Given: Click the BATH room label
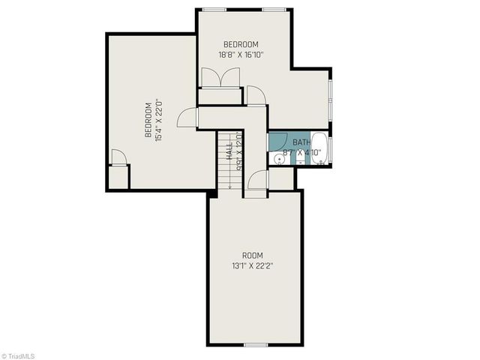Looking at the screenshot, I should tap(301, 142).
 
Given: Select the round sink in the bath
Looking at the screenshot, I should tap(278, 158).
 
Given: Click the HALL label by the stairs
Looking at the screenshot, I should tap(229, 151).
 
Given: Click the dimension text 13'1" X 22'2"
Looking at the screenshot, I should tap(252, 265).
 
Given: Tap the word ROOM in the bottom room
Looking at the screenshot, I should tap(252, 255).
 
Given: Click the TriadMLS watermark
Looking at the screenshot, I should tap(18, 355).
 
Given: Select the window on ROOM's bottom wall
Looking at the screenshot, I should tap(256, 344).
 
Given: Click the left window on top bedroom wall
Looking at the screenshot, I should tap(214, 9).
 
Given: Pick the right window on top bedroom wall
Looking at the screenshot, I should tap(273, 9).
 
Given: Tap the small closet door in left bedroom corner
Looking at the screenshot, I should tap(118, 157).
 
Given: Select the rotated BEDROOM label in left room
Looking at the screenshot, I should tap(148, 120).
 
